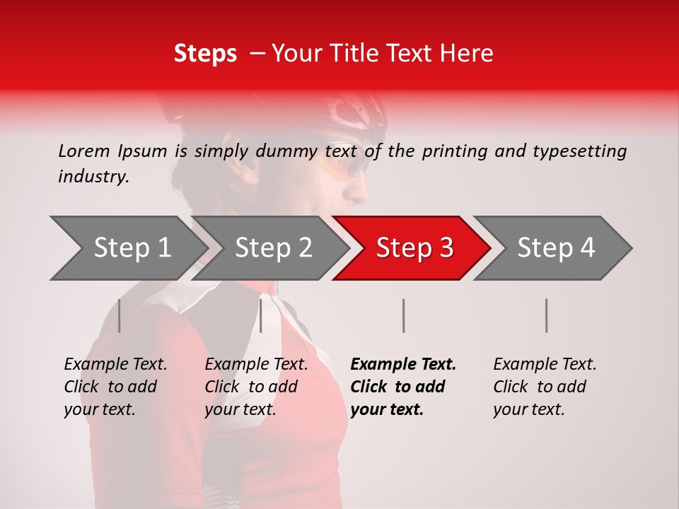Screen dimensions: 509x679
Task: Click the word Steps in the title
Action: click(205, 54)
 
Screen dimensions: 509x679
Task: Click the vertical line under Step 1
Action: click(119, 315)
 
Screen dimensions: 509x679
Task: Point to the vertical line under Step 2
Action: click(261, 315)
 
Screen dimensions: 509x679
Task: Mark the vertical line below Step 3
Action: click(403, 315)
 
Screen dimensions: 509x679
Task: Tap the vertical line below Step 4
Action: click(546, 315)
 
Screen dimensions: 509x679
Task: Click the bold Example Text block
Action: click(403, 387)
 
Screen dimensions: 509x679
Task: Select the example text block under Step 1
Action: click(115, 387)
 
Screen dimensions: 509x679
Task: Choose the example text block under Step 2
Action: click(256, 387)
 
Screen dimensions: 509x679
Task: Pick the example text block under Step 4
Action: click(545, 387)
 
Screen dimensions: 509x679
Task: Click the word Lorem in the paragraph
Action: click(84, 151)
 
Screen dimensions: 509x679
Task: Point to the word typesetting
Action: click(579, 151)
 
